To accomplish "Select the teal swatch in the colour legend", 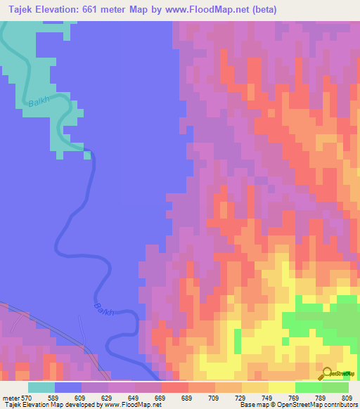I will pos(41,387).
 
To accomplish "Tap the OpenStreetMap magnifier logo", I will pos(328,375).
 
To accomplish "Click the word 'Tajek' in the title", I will pos(19,10).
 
